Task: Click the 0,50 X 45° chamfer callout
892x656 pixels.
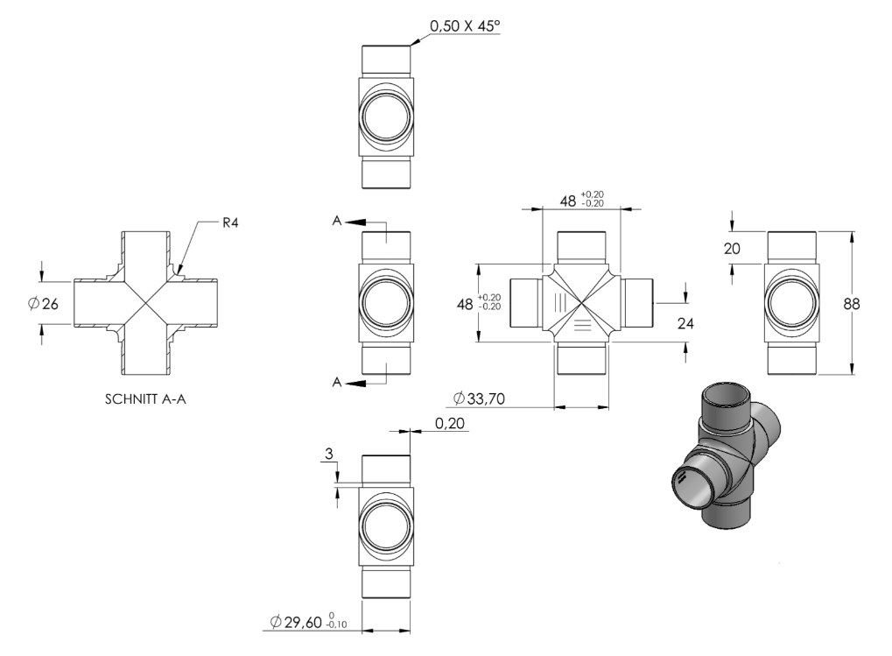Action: (x=465, y=25)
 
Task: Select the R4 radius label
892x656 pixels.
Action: (x=230, y=222)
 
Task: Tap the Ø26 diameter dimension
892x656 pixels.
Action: (x=44, y=304)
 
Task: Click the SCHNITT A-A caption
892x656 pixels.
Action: (x=145, y=399)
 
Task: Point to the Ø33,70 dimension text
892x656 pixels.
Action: (x=479, y=399)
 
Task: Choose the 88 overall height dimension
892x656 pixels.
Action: (x=852, y=304)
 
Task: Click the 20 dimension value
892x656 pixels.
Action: (x=732, y=249)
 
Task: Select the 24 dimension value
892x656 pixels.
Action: (x=685, y=323)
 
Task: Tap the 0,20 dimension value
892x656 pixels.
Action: (x=449, y=423)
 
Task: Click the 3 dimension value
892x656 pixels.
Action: (x=329, y=454)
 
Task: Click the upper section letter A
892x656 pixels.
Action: (x=337, y=221)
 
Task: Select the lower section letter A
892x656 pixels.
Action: (x=337, y=383)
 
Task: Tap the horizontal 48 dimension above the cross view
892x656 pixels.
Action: (x=581, y=200)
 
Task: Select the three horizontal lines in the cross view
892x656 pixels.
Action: (x=582, y=325)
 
